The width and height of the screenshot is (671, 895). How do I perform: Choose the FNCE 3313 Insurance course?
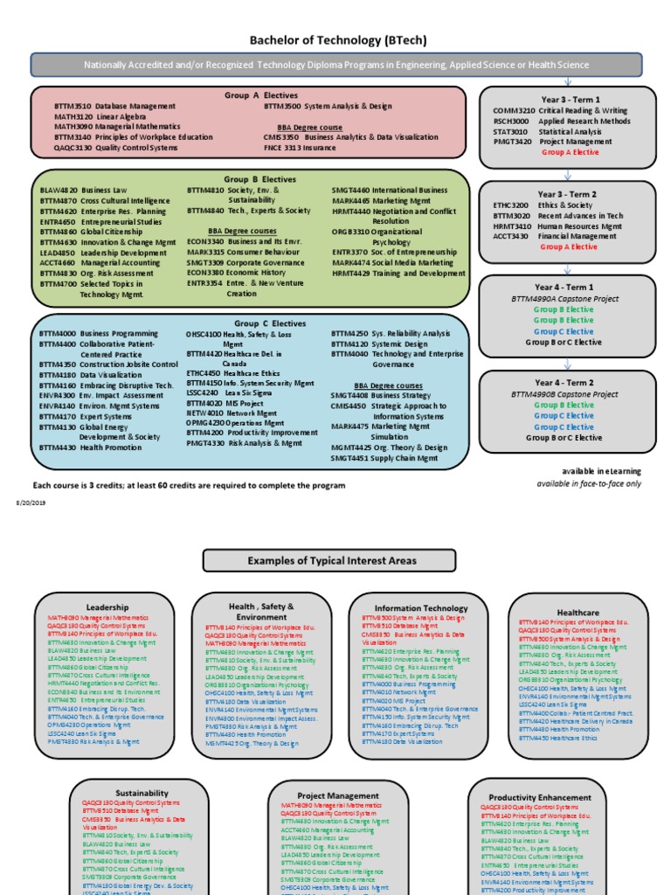click(x=301, y=148)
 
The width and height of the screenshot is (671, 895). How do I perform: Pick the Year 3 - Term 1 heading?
click(x=568, y=100)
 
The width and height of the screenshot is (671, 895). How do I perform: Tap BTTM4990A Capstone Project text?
click(x=568, y=299)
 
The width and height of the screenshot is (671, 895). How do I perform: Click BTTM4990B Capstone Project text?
click(x=568, y=394)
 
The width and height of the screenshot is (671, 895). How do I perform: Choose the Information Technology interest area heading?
click(x=421, y=607)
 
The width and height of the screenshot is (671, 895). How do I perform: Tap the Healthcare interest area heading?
click(x=578, y=613)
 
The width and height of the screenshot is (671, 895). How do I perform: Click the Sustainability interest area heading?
click(x=141, y=793)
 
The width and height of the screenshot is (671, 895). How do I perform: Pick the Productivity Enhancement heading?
click(x=535, y=797)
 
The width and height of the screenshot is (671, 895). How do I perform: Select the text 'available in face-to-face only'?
click(x=588, y=483)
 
